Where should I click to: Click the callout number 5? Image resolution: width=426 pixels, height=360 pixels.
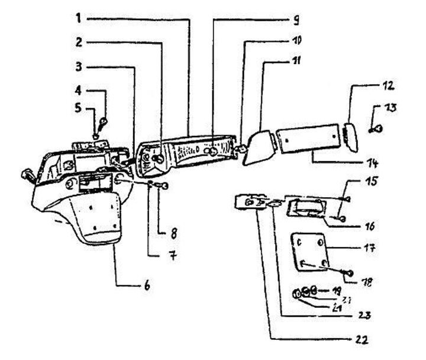79,110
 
